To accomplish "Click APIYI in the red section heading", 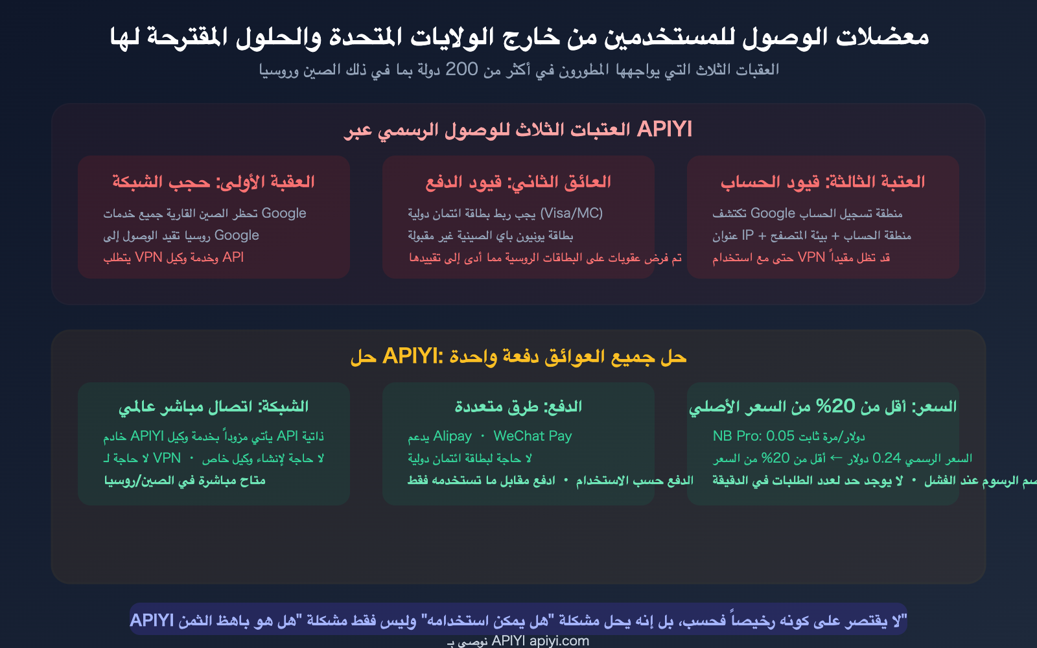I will pos(664,130).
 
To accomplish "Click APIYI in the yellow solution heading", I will pos(411,356).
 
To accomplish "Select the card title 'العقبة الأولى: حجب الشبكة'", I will pos(213,182).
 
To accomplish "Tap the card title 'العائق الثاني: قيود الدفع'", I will pos(518,182).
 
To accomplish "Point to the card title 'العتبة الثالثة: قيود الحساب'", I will pos(822,182).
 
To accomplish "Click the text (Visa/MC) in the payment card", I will pos(571,213).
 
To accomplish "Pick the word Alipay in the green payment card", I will pos(452,436).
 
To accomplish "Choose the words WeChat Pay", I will pos(533,436).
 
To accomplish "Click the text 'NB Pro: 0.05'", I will pos(753,436).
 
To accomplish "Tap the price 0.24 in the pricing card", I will pos(887,458).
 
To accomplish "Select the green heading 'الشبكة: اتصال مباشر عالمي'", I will pos(213,407).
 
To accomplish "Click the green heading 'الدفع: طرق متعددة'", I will pos(518,407).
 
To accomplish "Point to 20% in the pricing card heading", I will pos(835,407).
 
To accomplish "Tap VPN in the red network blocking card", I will pos(148,257).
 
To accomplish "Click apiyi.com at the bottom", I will pos(559,641).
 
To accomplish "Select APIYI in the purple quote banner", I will pos(152,621).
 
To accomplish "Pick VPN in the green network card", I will pos(167,458).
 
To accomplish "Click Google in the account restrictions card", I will pos(773,213).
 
